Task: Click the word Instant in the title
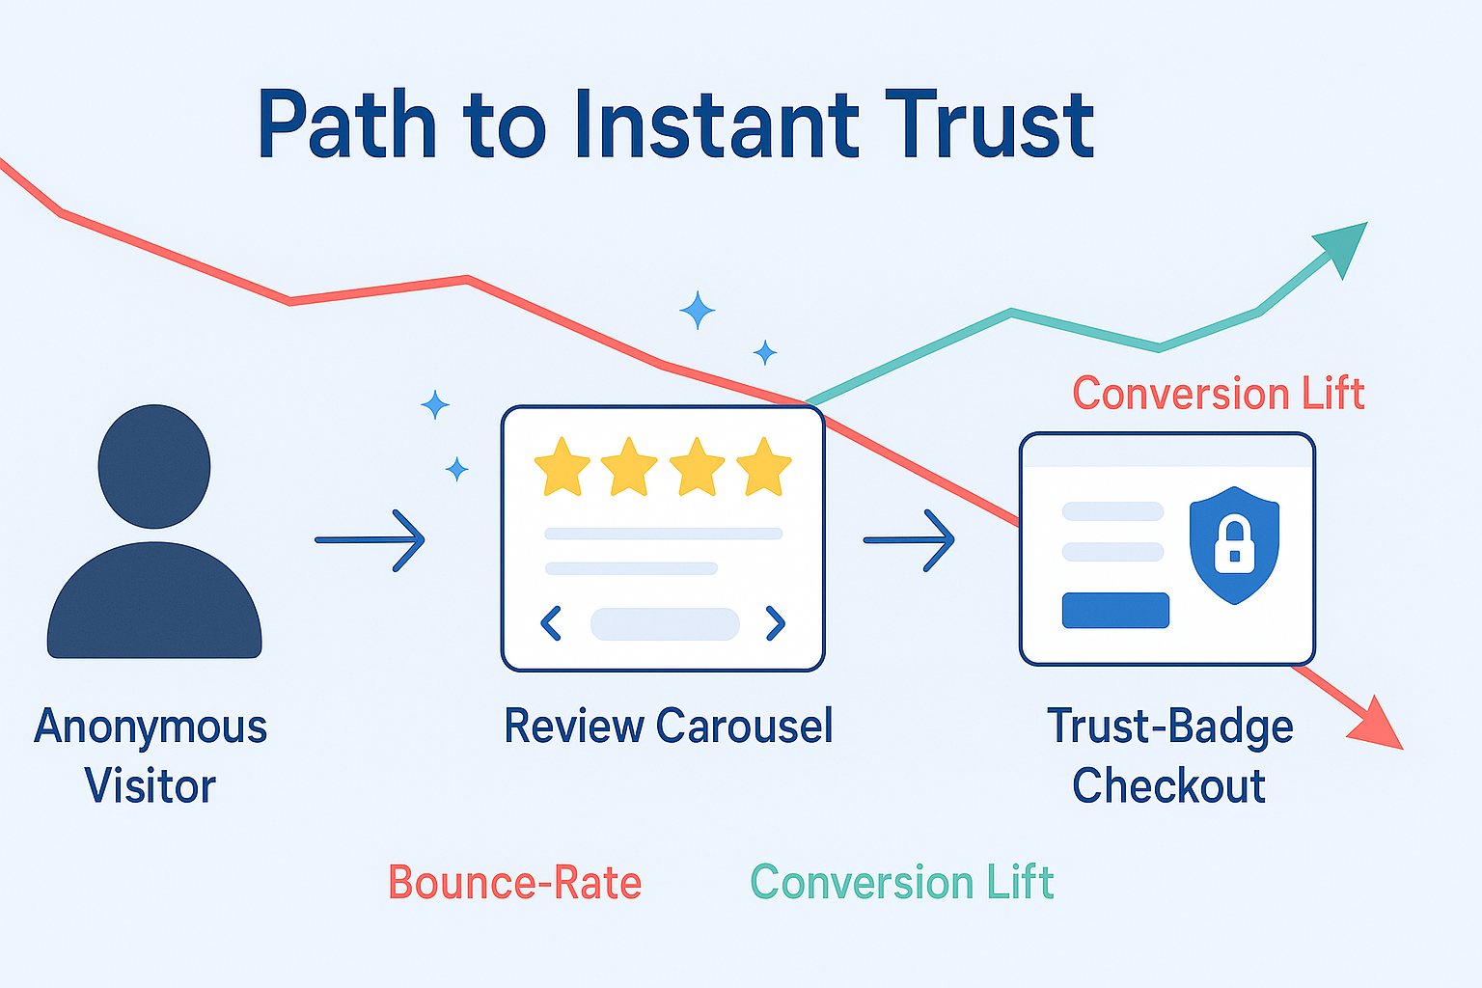pos(717,124)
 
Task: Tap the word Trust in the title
pos(989,124)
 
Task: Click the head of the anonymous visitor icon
pos(154,467)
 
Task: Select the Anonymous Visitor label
pos(151,755)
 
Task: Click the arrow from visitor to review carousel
pos(370,540)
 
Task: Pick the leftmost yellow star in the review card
pos(562,467)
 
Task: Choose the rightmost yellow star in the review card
pos(763,467)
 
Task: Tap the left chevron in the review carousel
pos(551,623)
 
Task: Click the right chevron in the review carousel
pos(776,623)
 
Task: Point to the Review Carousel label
pos(669,726)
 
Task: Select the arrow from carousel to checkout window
pos(908,540)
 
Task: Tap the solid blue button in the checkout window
pos(1115,610)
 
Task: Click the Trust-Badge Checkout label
pos(1169,755)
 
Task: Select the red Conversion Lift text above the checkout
pos(1219,393)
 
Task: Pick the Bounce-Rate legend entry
pos(514,882)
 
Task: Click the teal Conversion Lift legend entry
pos(902,882)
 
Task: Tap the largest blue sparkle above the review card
pos(698,310)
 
